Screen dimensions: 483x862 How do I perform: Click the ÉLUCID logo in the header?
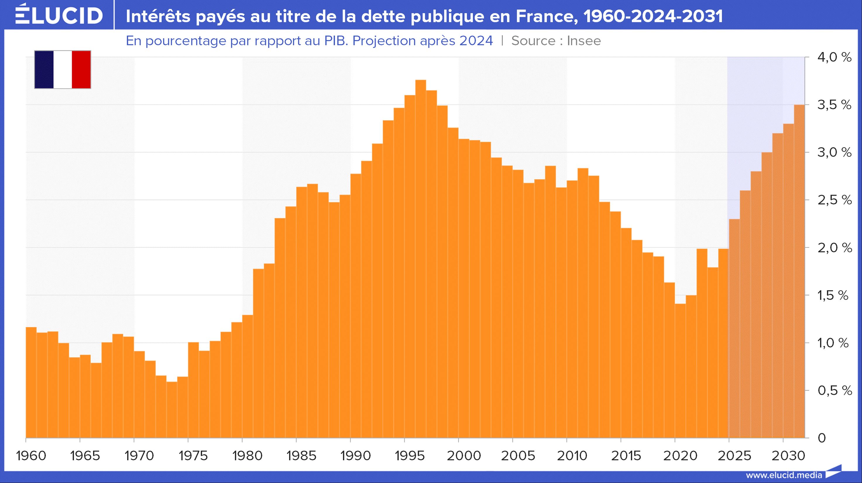click(59, 15)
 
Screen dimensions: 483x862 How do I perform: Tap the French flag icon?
click(63, 70)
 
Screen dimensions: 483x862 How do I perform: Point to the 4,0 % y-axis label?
click(834, 58)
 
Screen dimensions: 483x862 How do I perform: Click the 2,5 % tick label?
click(834, 200)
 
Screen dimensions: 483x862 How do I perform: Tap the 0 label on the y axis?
click(822, 438)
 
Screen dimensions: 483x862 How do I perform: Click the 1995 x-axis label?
click(410, 456)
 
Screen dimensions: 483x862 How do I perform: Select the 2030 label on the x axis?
click(788, 456)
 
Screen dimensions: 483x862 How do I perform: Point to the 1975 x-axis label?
click(193, 456)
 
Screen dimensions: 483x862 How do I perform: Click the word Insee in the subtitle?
click(584, 41)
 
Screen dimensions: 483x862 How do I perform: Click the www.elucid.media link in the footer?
click(784, 475)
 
